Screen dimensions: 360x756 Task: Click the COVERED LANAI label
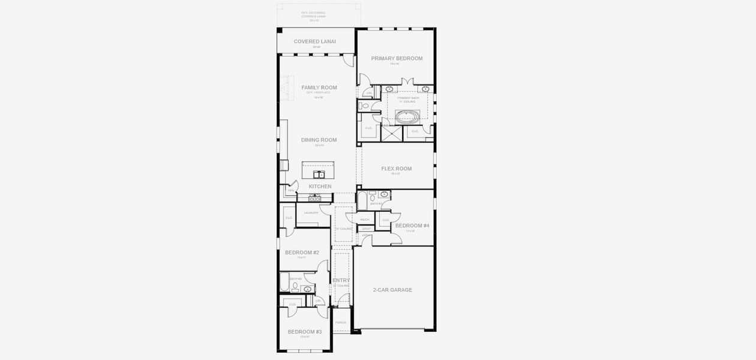[x=315, y=42]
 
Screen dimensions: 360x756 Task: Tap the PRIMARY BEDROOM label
[x=397, y=59]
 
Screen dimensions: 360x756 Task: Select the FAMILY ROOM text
[x=319, y=88]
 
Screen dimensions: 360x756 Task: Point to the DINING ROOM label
[x=319, y=140]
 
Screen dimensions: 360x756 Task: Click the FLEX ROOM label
[x=396, y=169]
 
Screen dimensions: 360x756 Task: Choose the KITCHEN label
[x=320, y=187]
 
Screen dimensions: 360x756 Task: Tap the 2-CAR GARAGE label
[x=393, y=290]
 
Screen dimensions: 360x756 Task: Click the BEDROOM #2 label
[x=302, y=253]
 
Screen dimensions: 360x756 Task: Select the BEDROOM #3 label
[x=304, y=332]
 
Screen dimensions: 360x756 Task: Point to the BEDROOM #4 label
[x=412, y=226]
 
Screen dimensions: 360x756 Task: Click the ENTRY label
[x=341, y=280]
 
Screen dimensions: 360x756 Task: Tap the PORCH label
[x=341, y=322]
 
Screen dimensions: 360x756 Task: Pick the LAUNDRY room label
[x=311, y=212]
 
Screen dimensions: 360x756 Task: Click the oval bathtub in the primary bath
[x=407, y=115]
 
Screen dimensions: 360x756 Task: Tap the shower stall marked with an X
[x=392, y=133]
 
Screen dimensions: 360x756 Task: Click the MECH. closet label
[x=365, y=220]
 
